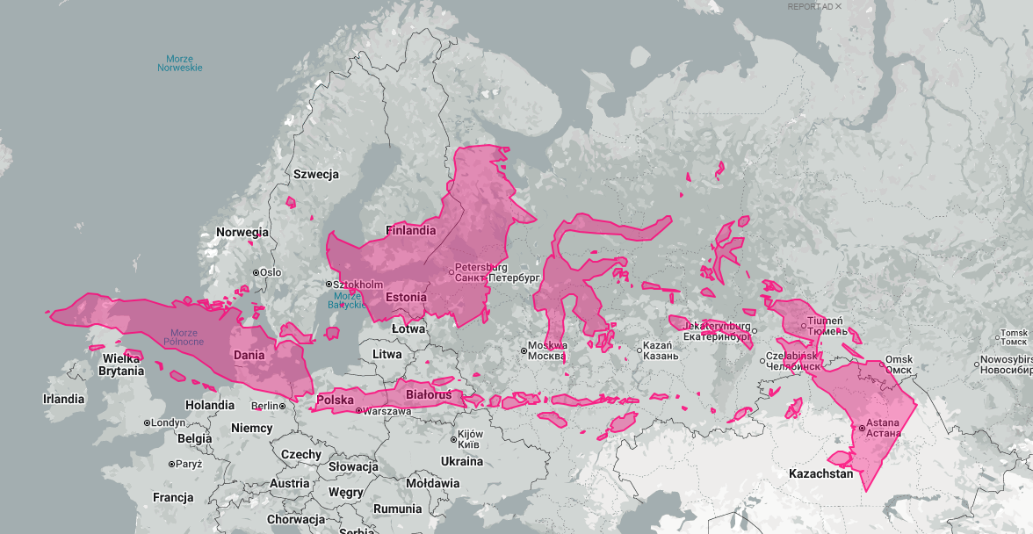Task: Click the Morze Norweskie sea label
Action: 179,63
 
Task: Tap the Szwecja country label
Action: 316,174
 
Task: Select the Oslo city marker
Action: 256,272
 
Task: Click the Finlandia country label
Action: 411,230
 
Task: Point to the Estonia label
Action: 405,297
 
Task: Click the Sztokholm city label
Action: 358,285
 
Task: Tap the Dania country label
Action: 249,355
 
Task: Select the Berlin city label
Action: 264,406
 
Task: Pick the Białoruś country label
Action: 429,395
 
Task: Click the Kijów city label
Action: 471,439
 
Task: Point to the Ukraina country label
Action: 462,461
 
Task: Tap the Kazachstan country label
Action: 821,473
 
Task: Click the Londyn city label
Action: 169,422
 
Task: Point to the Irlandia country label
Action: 64,399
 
